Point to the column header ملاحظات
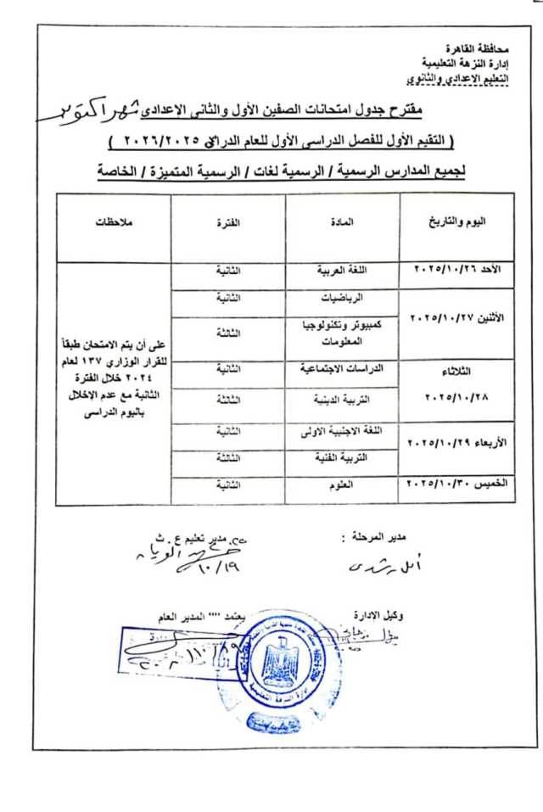(x=115, y=222)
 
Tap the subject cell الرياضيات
(x=343, y=300)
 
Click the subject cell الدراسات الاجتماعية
(x=343, y=370)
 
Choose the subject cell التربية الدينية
(x=343, y=399)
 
